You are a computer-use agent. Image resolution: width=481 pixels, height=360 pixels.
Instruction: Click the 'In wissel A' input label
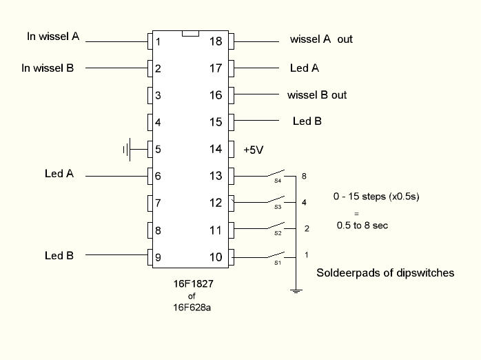pyautogui.click(x=53, y=37)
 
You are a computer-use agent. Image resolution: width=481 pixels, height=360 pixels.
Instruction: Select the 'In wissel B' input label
pyautogui.click(x=48, y=68)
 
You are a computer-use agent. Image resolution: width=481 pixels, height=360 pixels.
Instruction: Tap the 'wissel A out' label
pyautogui.click(x=321, y=39)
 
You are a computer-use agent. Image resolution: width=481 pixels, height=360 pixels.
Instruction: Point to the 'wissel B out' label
pyautogui.click(x=317, y=95)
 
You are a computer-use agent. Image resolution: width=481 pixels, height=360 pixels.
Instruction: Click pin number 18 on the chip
pyautogui.click(x=216, y=41)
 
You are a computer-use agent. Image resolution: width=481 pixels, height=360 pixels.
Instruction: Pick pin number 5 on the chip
pyautogui.click(x=158, y=149)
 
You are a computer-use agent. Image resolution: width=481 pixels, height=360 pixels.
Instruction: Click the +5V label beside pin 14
pyautogui.click(x=254, y=150)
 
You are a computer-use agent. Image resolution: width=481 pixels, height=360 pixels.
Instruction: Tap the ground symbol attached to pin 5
pyautogui.click(x=127, y=150)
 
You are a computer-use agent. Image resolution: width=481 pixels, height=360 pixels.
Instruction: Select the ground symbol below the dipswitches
pyautogui.click(x=296, y=291)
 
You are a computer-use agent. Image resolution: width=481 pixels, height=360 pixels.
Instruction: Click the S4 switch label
pyautogui.click(x=278, y=181)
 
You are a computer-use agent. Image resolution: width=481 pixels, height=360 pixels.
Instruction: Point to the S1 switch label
pyautogui.click(x=278, y=263)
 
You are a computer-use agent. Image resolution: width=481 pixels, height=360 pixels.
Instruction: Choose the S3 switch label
pyautogui.click(x=278, y=207)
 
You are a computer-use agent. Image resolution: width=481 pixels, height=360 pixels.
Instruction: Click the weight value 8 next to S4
pyautogui.click(x=304, y=176)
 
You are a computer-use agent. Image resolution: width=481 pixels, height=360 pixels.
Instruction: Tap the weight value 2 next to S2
pyautogui.click(x=307, y=229)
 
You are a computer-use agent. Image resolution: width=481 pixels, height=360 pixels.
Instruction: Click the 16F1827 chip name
pyautogui.click(x=193, y=283)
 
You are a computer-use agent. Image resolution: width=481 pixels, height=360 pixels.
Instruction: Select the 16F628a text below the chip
pyautogui.click(x=192, y=307)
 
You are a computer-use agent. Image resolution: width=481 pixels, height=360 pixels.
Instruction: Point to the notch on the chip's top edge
pyautogui.click(x=190, y=34)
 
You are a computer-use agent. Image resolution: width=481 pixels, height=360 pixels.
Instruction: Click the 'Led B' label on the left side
pyautogui.click(x=59, y=255)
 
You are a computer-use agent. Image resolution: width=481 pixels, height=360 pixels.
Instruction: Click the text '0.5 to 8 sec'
pyautogui.click(x=362, y=226)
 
